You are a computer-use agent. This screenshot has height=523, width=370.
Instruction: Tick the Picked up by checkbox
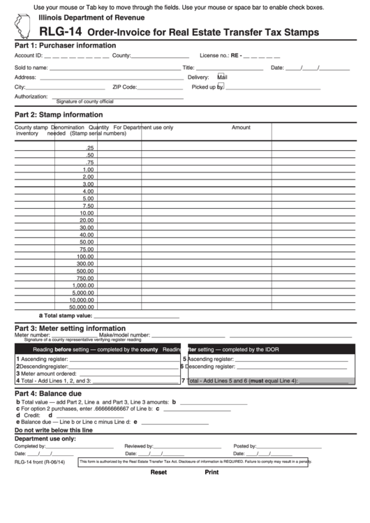(221, 87)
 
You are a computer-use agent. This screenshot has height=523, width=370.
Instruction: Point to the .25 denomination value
(89, 148)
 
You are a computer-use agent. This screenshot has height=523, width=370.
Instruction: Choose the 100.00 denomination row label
(84, 256)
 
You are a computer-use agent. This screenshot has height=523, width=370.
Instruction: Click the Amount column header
(241, 128)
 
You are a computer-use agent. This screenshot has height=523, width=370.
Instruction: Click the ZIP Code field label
(124, 87)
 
